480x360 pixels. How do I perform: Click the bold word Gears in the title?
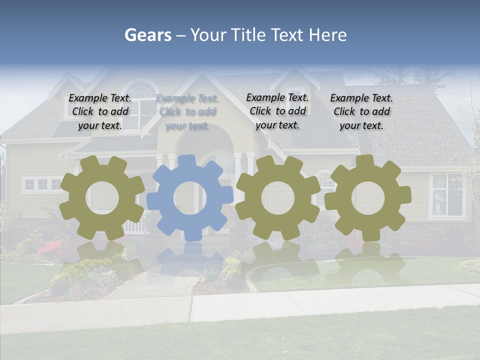(x=147, y=35)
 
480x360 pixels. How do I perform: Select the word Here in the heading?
(x=327, y=35)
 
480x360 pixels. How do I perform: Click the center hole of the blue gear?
(x=190, y=198)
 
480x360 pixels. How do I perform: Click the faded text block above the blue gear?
(x=187, y=112)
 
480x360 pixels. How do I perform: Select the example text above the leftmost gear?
(x=100, y=111)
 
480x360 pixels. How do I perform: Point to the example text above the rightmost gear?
(x=361, y=111)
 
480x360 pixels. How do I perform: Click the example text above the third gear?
(x=277, y=111)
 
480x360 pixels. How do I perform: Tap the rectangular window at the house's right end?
(x=446, y=195)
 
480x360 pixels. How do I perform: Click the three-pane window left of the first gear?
(x=42, y=184)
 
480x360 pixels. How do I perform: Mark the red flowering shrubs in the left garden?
(x=50, y=247)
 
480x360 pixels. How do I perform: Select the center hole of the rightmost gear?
(x=368, y=198)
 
